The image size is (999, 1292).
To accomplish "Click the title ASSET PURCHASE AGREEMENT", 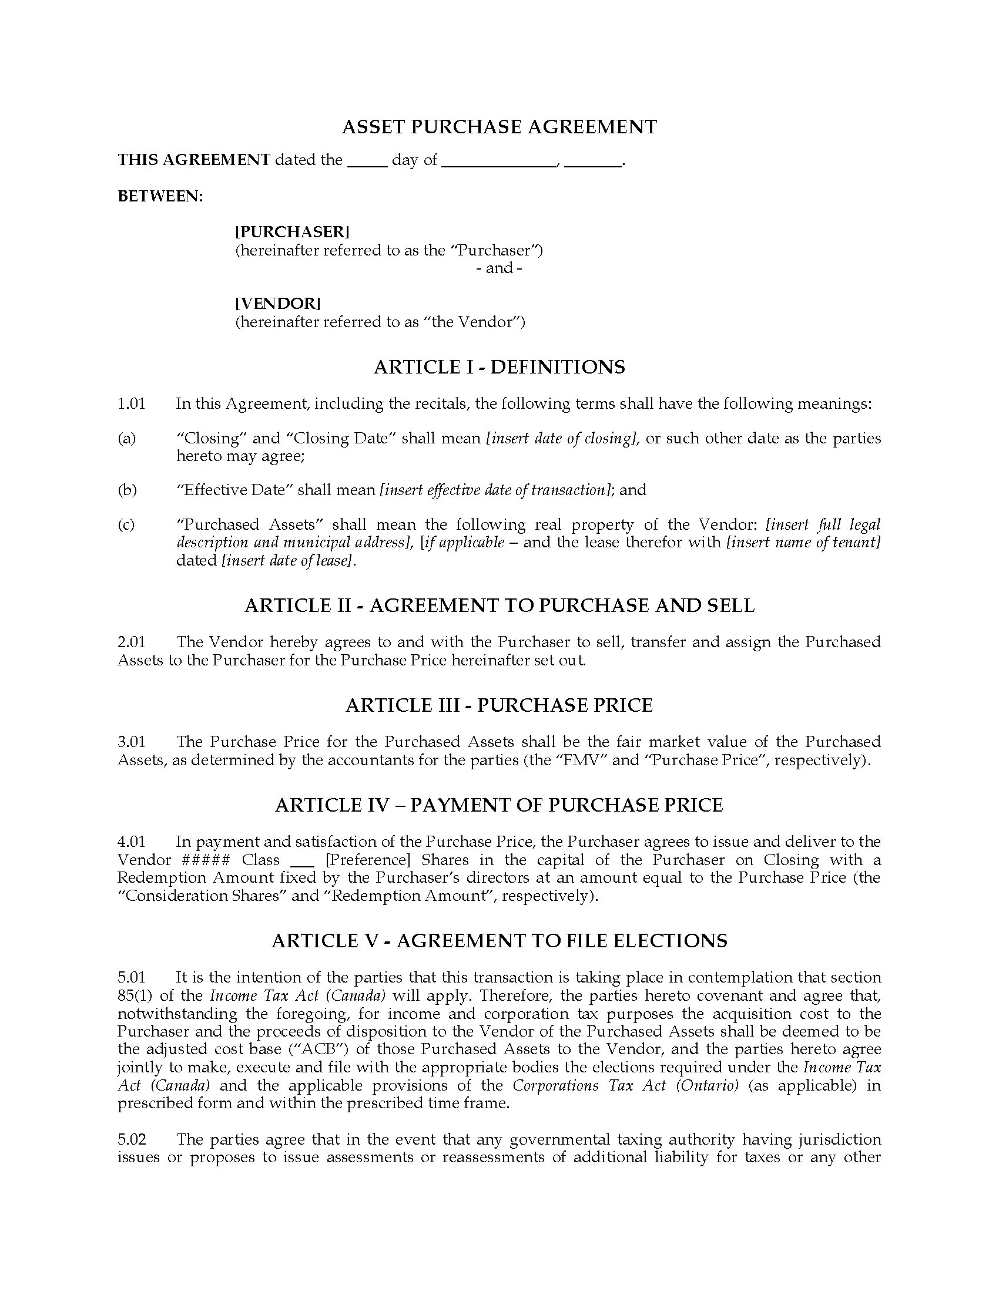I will [499, 127].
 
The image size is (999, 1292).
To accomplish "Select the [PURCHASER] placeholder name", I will [293, 232].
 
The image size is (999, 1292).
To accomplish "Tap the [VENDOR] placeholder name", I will [277, 304].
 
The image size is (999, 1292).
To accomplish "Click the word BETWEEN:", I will [160, 196].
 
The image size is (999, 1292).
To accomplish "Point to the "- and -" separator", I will [499, 268].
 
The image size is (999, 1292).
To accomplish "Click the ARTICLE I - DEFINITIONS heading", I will [499, 368].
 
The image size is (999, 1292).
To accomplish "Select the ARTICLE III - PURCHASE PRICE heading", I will [499, 705].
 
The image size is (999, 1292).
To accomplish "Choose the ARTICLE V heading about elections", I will [499, 941].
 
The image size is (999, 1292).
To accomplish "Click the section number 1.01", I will [131, 404].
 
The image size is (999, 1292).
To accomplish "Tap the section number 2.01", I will [131, 642].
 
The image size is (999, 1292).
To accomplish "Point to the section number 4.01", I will [131, 842].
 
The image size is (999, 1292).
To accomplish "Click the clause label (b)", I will [127, 490].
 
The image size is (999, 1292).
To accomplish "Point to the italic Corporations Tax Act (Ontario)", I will [626, 1086].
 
